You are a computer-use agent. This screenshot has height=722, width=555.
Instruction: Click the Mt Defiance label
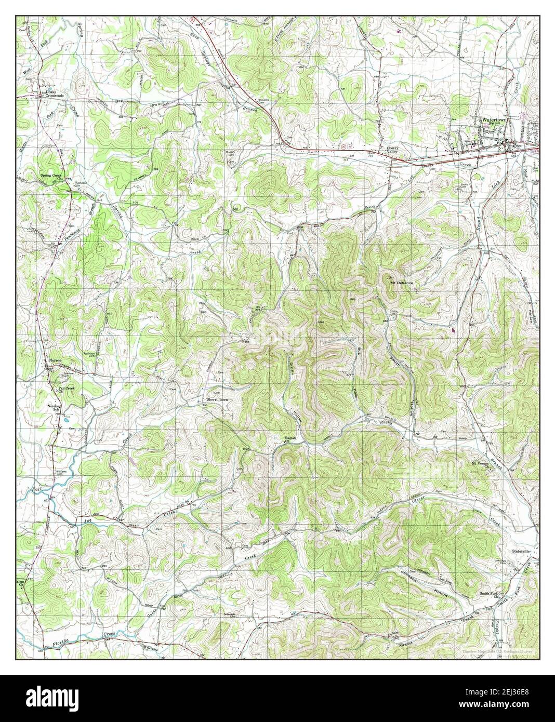click(x=401, y=283)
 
